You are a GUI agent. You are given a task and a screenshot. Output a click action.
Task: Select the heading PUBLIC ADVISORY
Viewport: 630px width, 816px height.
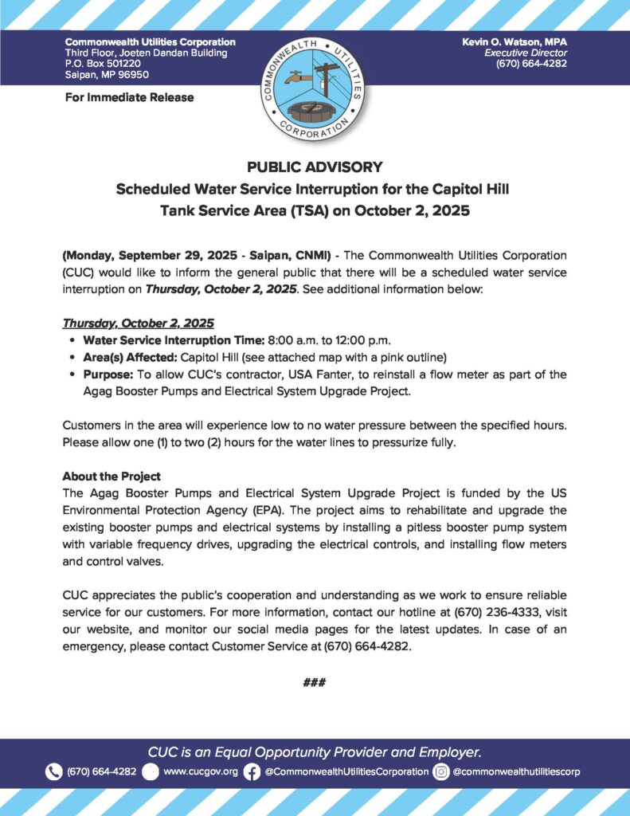[315, 167]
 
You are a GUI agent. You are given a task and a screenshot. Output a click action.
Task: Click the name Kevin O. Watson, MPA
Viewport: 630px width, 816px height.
[515, 41]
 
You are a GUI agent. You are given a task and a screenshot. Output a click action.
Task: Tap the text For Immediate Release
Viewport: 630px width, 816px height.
[129, 97]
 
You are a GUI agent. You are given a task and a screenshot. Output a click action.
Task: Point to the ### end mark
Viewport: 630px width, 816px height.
[315, 683]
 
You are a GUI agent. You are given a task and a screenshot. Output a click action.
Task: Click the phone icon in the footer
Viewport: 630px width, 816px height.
[54, 771]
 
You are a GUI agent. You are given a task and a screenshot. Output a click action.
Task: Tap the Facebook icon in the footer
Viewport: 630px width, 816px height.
[252, 771]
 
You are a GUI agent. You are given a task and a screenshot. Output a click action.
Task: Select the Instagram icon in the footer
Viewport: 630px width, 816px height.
[441, 771]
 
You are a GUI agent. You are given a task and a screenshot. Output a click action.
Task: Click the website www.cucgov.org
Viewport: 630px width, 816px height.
[200, 771]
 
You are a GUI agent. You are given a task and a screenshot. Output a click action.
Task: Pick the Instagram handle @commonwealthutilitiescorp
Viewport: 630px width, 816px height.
[516, 771]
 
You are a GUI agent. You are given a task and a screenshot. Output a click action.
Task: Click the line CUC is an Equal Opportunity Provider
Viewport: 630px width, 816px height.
[315, 751]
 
